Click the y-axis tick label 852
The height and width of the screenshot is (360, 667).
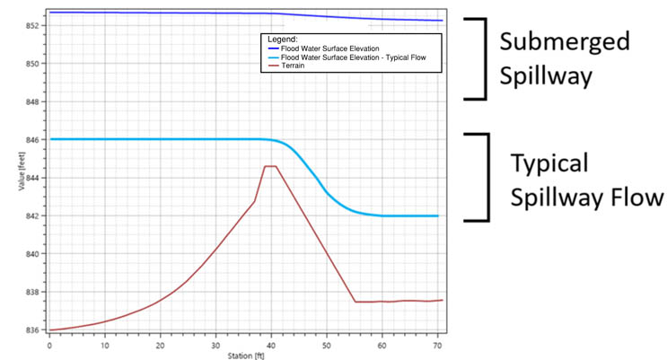(32, 25)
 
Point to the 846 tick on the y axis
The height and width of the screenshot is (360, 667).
(32, 139)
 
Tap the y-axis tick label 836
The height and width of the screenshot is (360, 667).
(32, 330)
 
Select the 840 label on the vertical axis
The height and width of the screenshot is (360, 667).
(32, 254)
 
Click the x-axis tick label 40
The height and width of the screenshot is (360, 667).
(271, 346)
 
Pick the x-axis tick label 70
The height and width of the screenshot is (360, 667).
(437, 346)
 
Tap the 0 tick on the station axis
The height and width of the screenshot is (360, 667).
(49, 346)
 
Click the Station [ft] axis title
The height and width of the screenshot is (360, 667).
(246, 356)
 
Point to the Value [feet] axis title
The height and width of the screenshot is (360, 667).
(22, 171)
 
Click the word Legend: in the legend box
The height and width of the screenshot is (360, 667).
(283, 40)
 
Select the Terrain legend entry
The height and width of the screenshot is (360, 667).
(293, 66)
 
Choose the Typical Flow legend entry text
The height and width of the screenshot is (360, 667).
(353, 57)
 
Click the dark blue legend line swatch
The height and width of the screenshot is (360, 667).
(274, 48)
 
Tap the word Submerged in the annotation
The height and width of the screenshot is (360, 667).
(565, 41)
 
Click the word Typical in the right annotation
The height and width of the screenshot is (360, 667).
(549, 163)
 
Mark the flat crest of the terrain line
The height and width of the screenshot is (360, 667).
(270, 166)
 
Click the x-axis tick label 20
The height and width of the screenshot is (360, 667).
(160, 346)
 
